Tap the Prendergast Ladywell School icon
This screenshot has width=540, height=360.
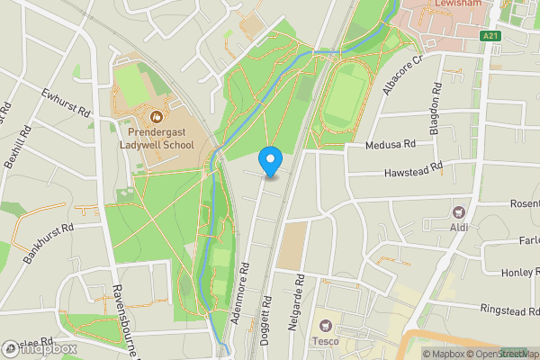[156, 116]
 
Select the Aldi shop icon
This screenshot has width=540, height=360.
[460, 213]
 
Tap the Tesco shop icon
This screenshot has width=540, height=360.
[324, 324]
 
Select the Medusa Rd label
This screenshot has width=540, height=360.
[391, 144]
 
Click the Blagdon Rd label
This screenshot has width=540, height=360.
[436, 109]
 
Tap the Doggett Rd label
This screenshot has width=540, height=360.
[267, 310]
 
